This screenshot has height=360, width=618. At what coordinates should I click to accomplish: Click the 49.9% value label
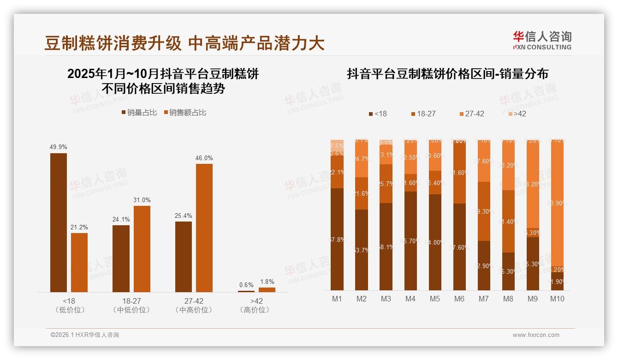(59, 147)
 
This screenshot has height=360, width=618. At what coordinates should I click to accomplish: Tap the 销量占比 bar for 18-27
(121, 258)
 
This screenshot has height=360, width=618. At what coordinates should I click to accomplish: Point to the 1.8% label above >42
(267, 282)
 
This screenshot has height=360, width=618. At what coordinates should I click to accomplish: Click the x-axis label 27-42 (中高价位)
(194, 305)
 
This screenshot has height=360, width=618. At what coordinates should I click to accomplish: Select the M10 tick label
(557, 299)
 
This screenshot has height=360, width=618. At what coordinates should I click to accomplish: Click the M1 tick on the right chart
(337, 299)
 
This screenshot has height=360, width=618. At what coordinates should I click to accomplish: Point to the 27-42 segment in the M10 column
(557, 203)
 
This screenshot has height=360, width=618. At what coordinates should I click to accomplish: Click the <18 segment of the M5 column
(435, 242)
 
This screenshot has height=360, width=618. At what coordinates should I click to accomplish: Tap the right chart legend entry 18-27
(423, 114)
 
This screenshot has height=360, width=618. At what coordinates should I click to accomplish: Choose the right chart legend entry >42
(517, 114)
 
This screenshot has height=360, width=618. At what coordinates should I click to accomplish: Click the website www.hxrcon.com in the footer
(536, 335)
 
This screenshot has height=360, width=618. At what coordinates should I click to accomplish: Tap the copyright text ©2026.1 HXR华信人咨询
(85, 335)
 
